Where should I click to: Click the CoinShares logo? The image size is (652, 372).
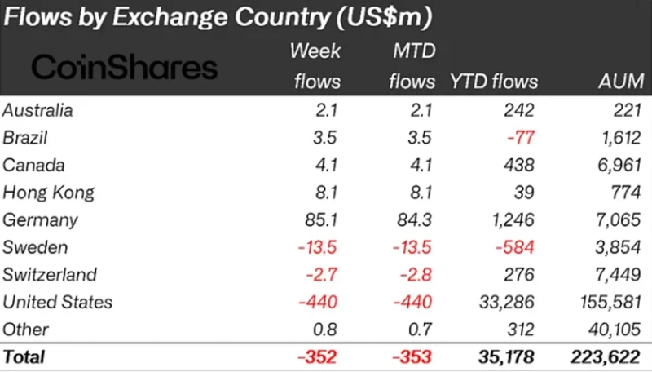pos(124,66)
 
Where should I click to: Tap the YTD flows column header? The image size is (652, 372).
pos(494,82)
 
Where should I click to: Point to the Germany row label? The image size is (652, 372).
pos(40,219)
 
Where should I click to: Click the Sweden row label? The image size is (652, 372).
pos(36,247)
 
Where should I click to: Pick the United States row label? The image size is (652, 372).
pos(57,302)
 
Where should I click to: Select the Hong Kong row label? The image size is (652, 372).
pos(48,193)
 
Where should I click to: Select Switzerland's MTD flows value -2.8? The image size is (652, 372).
pos(416,275)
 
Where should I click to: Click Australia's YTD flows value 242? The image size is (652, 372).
pos(519,110)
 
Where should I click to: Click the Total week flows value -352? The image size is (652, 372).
pos(318,356)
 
